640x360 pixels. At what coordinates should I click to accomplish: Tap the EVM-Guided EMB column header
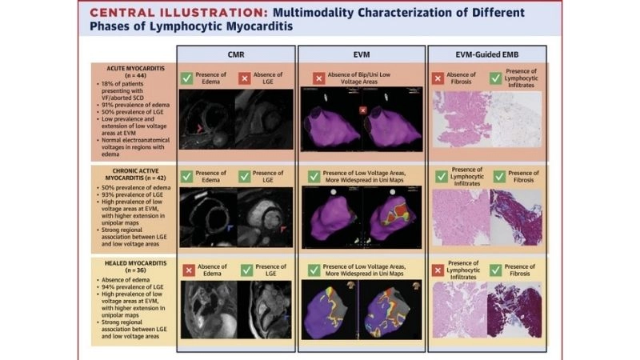tap(487, 54)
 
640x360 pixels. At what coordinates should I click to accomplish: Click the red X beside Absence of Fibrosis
tap(438, 78)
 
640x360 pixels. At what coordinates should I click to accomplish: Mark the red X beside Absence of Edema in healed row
tap(187, 270)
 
